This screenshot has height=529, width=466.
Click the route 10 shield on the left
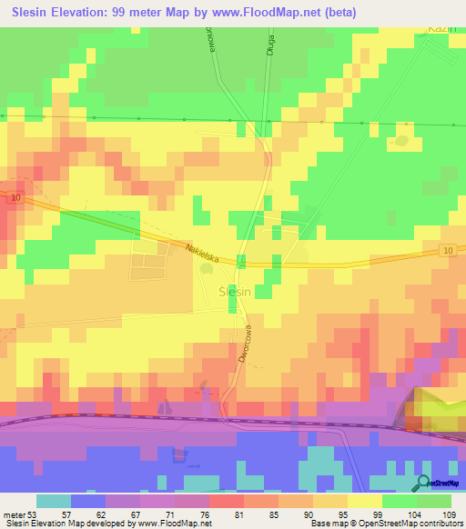(x=17, y=196)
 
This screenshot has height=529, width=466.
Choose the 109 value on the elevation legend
(x=445, y=514)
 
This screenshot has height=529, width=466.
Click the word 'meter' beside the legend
(x=14, y=514)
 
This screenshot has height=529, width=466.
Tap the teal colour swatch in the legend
(x=54, y=501)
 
